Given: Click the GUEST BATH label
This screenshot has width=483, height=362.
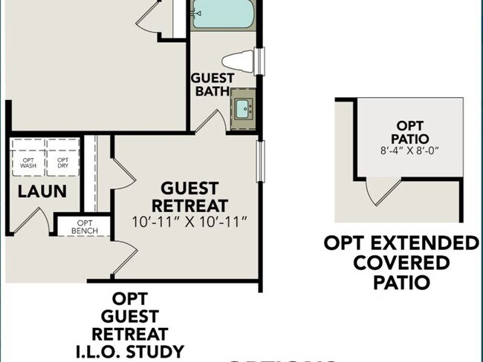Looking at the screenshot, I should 213,85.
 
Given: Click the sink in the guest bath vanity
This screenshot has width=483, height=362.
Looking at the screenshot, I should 243,110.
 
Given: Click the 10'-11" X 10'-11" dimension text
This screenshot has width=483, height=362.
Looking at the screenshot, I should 189,222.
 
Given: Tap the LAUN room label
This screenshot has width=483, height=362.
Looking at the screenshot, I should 42,191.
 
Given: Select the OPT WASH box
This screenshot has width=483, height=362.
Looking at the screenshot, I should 28,162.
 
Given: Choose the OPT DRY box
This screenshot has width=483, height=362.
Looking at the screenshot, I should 63,162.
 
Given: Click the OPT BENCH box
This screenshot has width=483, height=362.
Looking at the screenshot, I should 83,227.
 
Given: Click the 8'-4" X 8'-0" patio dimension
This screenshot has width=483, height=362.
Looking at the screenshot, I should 409,151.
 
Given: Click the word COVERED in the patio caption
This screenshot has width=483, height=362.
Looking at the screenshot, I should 401,263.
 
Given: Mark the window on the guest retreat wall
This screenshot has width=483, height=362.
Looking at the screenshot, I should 259,160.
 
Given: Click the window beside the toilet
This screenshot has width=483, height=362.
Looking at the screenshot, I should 259,60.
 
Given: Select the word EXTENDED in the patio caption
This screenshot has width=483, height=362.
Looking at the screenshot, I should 427,243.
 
